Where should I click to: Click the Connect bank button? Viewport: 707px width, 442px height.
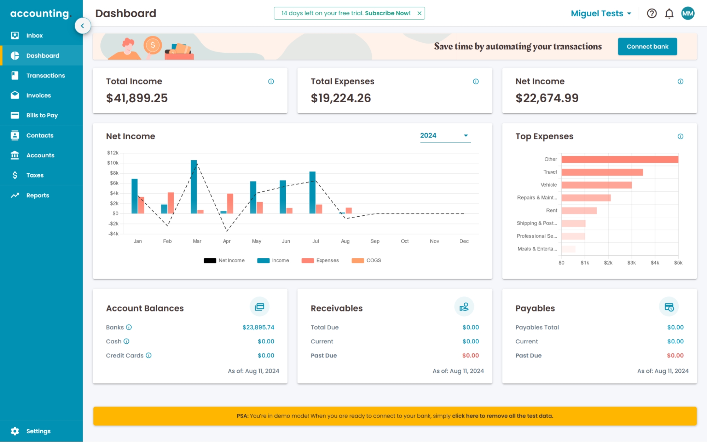coord(647,47)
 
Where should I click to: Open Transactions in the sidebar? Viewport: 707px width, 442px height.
coord(45,75)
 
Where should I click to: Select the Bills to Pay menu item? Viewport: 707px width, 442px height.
coord(42,115)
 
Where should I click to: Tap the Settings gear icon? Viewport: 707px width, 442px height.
coord(15,431)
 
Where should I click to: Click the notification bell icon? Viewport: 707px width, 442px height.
coord(669,13)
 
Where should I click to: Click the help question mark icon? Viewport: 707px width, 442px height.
coord(651,13)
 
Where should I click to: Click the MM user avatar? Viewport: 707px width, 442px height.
coord(688,13)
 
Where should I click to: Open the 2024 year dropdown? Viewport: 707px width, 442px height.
coord(445,135)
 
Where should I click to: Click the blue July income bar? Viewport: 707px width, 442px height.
coord(312,192)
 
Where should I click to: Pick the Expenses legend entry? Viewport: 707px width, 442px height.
coord(320,261)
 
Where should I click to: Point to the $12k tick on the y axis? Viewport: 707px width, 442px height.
coord(113,153)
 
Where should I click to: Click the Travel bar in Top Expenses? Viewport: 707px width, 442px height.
coord(602,172)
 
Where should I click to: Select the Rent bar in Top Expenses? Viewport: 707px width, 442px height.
coord(579,211)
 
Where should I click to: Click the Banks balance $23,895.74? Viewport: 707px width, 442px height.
coord(258,327)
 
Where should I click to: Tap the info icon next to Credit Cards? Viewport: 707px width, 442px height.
coord(149,355)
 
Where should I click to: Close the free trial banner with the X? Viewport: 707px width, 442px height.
coord(419,13)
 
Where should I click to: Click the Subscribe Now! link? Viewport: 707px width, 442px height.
coord(388,13)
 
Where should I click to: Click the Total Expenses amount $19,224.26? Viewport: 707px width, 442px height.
coord(341,98)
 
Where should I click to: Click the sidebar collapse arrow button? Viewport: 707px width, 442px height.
coord(82,26)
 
